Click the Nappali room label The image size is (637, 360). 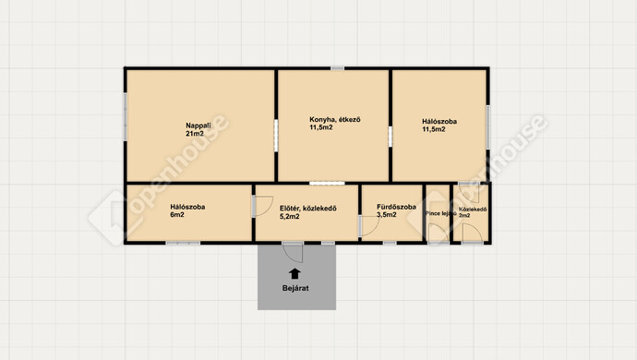point(198,126)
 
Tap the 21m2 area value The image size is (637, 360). point(195,133)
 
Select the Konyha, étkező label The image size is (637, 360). point(335,120)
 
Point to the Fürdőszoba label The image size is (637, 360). point(396,207)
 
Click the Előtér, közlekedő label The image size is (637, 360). point(308,209)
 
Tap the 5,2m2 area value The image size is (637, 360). point(290,217)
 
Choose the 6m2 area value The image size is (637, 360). point(177,214)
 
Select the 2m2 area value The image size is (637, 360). point(464,216)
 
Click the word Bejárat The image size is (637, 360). point(295,288)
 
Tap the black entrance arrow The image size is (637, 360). point(294,273)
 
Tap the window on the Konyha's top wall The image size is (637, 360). point(337,68)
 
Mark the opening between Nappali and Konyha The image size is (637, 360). point(276,136)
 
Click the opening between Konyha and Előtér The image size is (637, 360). point(327,184)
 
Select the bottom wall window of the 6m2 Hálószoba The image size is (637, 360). point(183,243)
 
